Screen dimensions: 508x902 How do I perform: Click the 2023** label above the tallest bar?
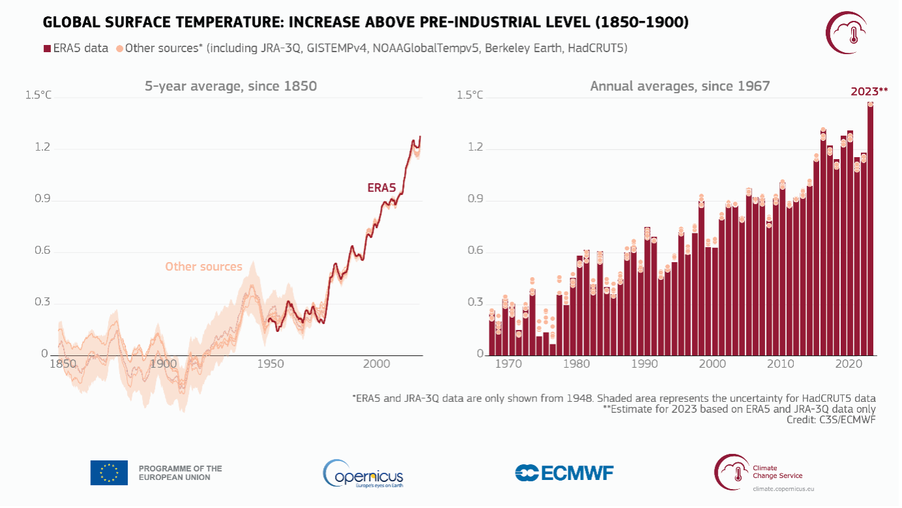[869, 92]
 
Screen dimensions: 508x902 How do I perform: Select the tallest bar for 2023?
[870, 228]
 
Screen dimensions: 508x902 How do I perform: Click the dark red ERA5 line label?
[382, 188]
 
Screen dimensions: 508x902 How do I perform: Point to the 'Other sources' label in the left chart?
[203, 267]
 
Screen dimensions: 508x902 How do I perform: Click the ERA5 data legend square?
[46, 48]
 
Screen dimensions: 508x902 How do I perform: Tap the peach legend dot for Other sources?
[119, 48]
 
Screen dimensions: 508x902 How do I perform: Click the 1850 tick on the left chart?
[63, 364]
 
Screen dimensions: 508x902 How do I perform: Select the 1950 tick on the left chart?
[270, 364]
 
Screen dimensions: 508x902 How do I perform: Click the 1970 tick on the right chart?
[508, 364]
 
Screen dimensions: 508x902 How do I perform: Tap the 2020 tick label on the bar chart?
[849, 364]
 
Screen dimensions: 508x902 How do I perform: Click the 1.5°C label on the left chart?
[38, 96]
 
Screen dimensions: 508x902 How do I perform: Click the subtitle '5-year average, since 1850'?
[231, 86]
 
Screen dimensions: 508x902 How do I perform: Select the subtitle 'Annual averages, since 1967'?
[680, 86]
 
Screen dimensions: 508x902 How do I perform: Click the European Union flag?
[109, 473]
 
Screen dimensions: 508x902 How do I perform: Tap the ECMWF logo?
[564, 473]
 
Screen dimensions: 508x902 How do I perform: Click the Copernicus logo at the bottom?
[363, 474]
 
